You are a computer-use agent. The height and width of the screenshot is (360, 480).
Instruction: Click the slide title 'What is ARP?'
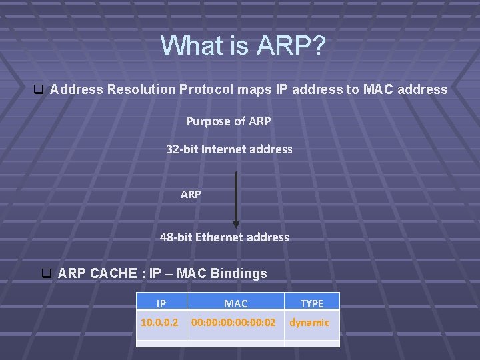pyautogui.click(x=243, y=46)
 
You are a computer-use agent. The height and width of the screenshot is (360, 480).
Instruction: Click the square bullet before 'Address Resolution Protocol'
pyautogui.click(x=38, y=89)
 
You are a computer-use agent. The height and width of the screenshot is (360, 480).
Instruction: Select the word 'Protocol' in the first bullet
pyautogui.click(x=203, y=89)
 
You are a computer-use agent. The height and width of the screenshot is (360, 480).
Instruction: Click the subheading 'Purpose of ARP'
pyautogui.click(x=228, y=121)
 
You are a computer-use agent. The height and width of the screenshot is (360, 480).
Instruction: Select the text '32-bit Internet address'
pyautogui.click(x=229, y=149)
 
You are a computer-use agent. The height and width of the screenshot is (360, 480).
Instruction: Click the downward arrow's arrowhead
pyautogui.click(x=235, y=224)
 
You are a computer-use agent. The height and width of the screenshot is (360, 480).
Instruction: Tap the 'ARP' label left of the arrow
pyautogui.click(x=191, y=195)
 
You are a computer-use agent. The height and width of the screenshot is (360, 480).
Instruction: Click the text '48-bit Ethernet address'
pyautogui.click(x=225, y=237)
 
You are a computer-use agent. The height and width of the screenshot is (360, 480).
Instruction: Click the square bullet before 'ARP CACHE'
pyautogui.click(x=47, y=273)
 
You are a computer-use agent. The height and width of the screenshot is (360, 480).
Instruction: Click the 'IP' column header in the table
pyautogui.click(x=161, y=303)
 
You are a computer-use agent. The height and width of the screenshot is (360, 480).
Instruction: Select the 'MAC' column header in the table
pyautogui.click(x=235, y=303)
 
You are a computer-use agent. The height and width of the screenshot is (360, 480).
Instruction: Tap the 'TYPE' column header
pyautogui.click(x=311, y=303)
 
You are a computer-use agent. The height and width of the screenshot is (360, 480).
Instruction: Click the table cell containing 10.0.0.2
pyautogui.click(x=159, y=323)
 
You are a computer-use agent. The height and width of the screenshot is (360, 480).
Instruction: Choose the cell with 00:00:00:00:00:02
pyautogui.click(x=233, y=323)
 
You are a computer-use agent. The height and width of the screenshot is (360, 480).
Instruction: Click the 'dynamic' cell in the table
pyautogui.click(x=309, y=323)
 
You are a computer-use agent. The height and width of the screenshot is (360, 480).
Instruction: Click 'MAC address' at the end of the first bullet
pyautogui.click(x=405, y=89)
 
